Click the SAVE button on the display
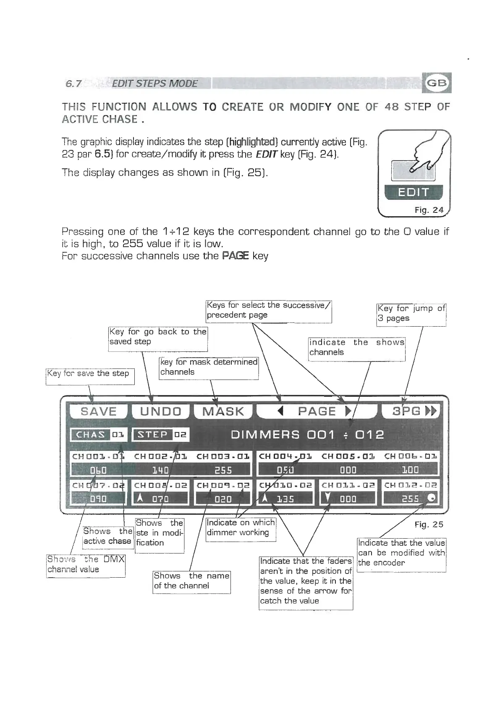coord(98,411)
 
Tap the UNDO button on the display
coord(161,411)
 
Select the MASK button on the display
coord(223,411)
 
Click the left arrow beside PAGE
coord(281,411)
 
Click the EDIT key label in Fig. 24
coord(414,192)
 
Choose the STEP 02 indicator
coord(161,435)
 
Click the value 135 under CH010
coord(285,499)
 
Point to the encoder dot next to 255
coord(431,498)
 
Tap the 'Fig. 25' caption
coord(429,524)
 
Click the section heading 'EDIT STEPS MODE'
coord(154,84)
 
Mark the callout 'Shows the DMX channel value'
coord(85,565)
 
